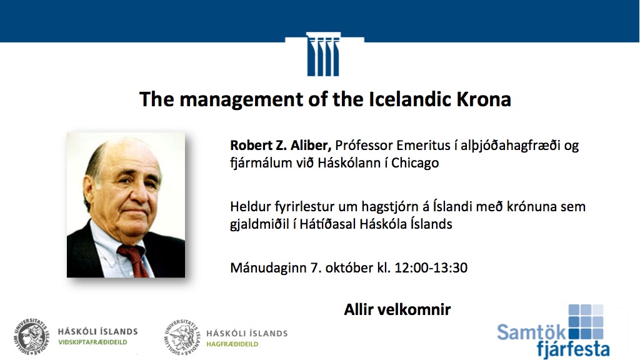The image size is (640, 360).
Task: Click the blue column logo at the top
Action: tap(323, 54)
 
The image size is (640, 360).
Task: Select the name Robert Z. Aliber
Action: tap(281, 145)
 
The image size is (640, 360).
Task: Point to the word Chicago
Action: tap(415, 163)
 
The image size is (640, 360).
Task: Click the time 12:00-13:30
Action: tap(431, 267)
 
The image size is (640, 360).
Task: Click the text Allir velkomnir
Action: tap(397, 309)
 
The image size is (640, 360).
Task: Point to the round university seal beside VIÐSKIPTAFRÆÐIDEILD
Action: tap(31, 337)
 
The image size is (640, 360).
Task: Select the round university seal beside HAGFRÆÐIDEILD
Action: tap(182, 337)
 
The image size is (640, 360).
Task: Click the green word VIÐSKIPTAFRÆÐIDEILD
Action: tap(92, 342)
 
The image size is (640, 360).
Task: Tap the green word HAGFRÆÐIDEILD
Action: tap(232, 344)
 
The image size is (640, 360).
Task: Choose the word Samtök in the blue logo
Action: tap(531, 332)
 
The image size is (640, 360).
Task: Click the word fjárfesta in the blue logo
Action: tap(573, 349)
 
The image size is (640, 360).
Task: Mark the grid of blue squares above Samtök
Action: tap(586, 321)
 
